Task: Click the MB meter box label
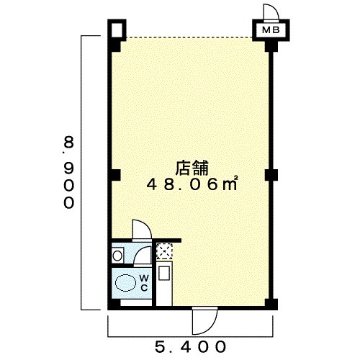[x=271, y=30]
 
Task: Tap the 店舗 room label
[x=192, y=168]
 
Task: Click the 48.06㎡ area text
[x=192, y=185]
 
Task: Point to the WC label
[x=144, y=283]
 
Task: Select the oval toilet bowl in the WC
[x=125, y=283]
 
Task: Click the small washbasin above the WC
[x=117, y=256]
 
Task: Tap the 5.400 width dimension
[x=191, y=347]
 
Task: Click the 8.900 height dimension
[x=68, y=172]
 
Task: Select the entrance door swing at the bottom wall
[x=204, y=320]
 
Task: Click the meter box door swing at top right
[x=271, y=12]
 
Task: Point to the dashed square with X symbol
[x=164, y=251]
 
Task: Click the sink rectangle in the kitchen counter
[x=163, y=273]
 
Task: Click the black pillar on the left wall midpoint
[x=116, y=175]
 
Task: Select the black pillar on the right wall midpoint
[x=271, y=175]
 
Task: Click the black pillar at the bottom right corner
[x=271, y=305]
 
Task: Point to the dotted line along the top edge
[x=189, y=37]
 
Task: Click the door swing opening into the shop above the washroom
[x=142, y=230]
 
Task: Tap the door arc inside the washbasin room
[x=143, y=256]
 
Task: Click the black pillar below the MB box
[x=271, y=46]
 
